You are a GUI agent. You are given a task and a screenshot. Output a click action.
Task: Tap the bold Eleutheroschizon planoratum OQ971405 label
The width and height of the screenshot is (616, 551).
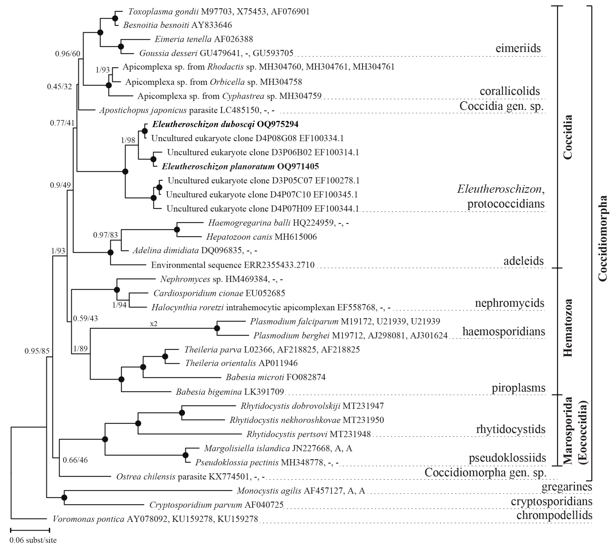(x=240, y=166)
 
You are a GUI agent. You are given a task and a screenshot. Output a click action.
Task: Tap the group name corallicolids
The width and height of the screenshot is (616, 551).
(x=510, y=91)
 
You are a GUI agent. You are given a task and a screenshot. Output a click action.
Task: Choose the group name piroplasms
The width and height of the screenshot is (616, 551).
(x=518, y=387)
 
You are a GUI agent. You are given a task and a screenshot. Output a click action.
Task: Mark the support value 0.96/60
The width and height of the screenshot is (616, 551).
(x=68, y=54)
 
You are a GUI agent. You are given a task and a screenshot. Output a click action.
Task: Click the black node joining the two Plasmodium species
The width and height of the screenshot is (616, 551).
(x=217, y=328)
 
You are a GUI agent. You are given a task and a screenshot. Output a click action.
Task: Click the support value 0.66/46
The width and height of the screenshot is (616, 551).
(x=75, y=460)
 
